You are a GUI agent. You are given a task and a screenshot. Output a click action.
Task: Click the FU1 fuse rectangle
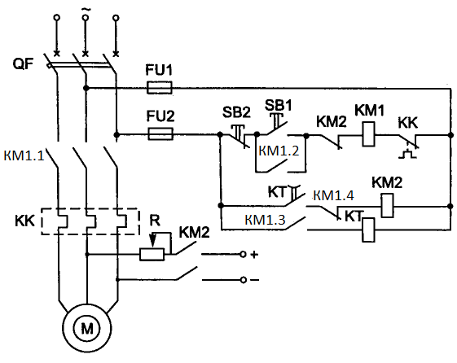click(159, 87)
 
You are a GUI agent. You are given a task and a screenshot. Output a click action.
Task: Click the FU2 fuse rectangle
click(160, 134)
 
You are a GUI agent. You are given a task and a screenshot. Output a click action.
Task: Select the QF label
click(23, 63)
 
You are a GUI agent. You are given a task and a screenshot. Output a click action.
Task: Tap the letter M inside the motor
click(87, 329)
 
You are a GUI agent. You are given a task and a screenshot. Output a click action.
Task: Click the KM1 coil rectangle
click(369, 134)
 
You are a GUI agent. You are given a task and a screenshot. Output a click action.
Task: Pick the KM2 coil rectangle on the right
click(387, 206)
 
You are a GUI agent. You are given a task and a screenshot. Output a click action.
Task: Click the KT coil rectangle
click(368, 230)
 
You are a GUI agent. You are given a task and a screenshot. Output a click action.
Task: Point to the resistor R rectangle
click(152, 255)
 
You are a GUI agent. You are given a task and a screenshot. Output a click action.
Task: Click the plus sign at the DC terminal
click(254, 255)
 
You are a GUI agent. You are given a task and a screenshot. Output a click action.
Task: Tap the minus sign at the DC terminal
click(254, 280)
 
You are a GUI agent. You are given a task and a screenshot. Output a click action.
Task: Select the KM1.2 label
click(279, 151)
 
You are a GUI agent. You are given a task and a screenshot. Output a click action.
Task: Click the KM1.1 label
click(24, 155)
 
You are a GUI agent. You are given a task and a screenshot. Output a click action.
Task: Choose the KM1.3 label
click(265, 220)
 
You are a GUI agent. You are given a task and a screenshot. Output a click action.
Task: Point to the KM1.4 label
click(334, 195)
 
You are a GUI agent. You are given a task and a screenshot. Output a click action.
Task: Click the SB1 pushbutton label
click(278, 105)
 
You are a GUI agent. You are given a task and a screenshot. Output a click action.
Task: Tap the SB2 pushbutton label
click(236, 112)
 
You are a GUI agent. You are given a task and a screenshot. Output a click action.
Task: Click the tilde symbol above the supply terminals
click(86, 10)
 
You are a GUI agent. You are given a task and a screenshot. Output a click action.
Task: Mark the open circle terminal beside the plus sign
click(243, 255)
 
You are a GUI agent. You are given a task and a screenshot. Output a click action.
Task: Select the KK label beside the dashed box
click(24, 221)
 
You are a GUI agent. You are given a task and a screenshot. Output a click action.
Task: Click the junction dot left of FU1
click(86, 88)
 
